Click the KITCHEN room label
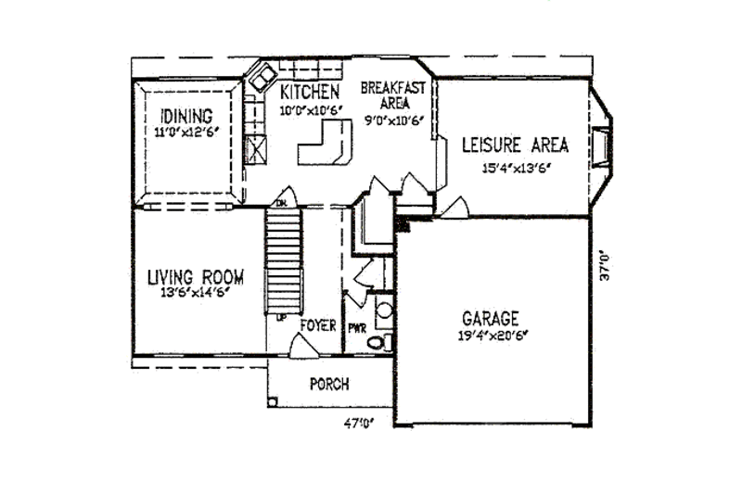pos(309,92)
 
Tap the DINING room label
pos(185,117)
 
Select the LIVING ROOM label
pos(196,277)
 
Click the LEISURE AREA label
pos(515,146)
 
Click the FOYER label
pos(317,326)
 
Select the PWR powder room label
pos(356,328)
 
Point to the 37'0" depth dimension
pos(604,263)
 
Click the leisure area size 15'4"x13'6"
pos(514,169)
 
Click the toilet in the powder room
pos(377,342)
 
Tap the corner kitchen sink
pos(263,76)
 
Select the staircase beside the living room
pos(285,261)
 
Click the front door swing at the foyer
pos(301,348)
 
